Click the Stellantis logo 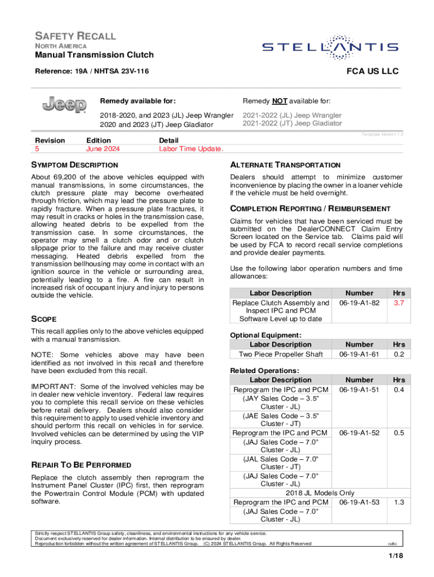pos(330,48)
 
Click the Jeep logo pos(65,105)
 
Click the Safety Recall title pos(76,36)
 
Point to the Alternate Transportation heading pos(285,165)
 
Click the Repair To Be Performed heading pos(82,465)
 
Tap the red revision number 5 pos(37,149)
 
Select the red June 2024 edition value pos(103,149)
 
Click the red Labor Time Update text pos(191,149)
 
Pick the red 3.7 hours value pos(398,303)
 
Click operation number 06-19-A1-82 pos(359,303)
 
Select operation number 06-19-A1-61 pos(359,354)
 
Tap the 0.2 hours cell pos(398,354)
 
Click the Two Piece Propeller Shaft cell pos(281,354)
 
